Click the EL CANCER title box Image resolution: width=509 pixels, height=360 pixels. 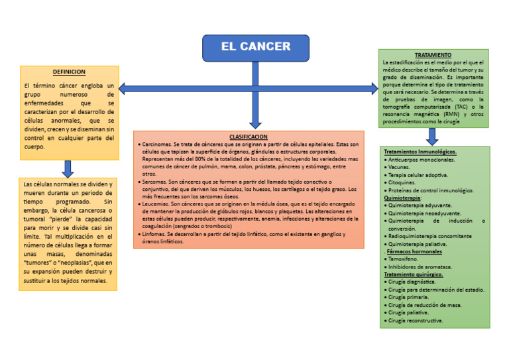click(x=255, y=47)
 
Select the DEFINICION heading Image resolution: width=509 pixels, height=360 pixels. click(x=69, y=72)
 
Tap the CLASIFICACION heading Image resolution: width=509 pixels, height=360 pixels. click(x=249, y=137)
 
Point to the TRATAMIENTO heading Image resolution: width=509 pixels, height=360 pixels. click(x=433, y=55)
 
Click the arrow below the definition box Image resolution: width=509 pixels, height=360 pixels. click(x=68, y=168)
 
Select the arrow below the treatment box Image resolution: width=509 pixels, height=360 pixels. click(x=432, y=137)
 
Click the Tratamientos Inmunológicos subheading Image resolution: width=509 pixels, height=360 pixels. click(x=420, y=152)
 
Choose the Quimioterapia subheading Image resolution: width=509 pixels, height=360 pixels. click(x=402, y=198)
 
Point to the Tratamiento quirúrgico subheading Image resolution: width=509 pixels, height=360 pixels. click(x=413, y=274)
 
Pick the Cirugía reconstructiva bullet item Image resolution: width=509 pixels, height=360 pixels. click(x=416, y=320)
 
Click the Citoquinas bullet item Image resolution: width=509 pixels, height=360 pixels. click(x=402, y=182)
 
